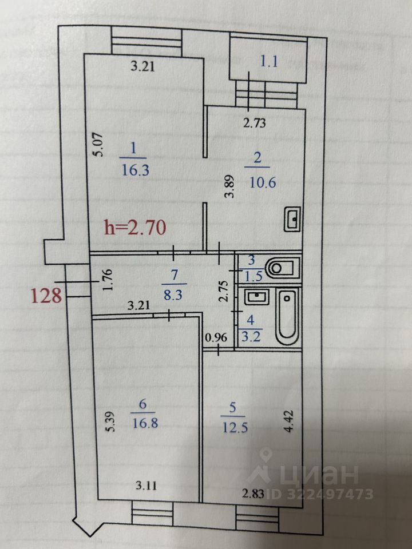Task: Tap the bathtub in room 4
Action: click(287, 317)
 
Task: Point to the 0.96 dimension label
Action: click(216, 337)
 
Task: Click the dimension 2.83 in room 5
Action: click(252, 494)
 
